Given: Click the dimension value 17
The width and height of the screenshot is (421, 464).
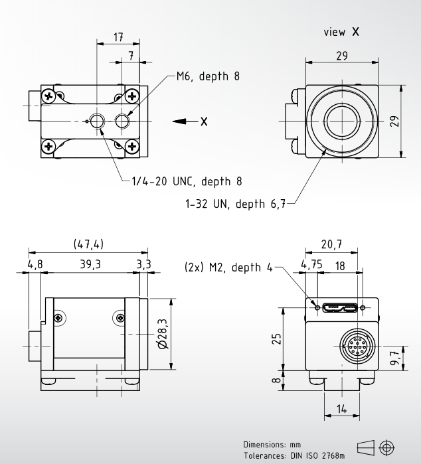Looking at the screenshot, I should pyautogui.click(x=119, y=38).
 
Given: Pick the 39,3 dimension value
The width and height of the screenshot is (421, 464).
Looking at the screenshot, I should pyautogui.click(x=91, y=264).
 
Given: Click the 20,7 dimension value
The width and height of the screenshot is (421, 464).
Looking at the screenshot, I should pyautogui.click(x=332, y=245).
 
